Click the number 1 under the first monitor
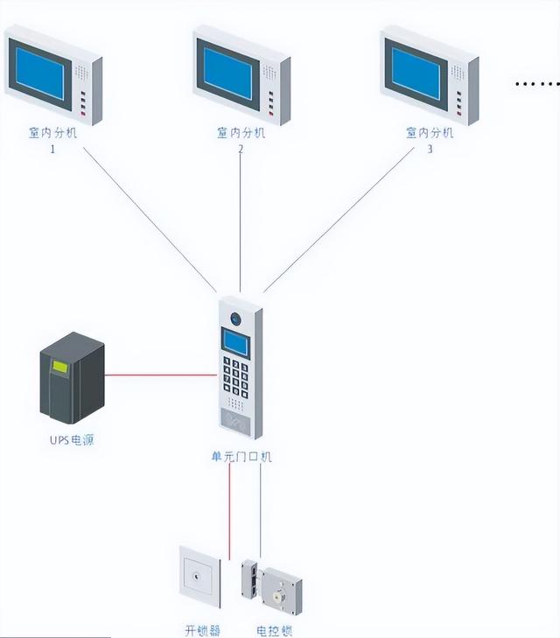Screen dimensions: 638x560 52,150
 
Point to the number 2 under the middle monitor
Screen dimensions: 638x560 241,150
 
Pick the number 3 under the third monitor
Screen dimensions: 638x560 430,150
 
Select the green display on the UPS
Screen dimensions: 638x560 59,368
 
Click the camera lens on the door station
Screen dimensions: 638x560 234,319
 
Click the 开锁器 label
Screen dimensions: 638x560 203,630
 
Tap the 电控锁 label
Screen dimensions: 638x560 274,630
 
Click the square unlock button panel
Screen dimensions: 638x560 199,578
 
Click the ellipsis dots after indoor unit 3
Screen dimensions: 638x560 535,85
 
